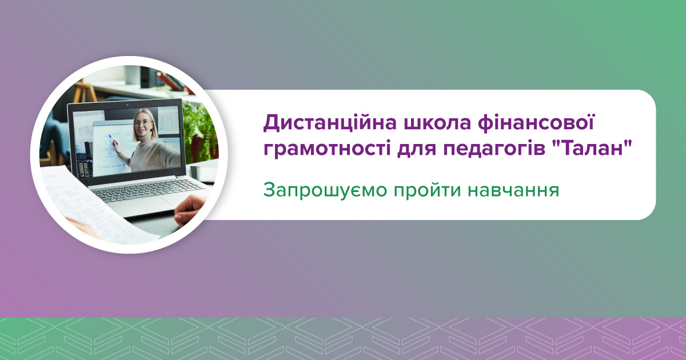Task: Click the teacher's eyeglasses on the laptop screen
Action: (142, 122)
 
